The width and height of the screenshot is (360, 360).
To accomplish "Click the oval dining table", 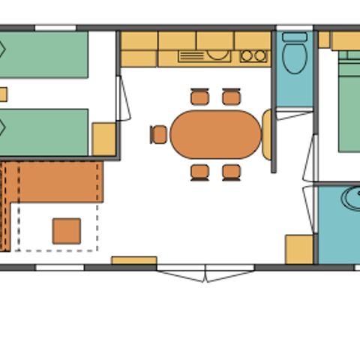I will (215, 134).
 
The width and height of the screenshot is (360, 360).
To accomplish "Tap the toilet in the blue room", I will (294, 56).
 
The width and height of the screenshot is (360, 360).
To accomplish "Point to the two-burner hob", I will (253, 55).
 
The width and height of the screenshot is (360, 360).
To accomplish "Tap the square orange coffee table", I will (66, 231).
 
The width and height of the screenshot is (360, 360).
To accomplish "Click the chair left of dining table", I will (158, 134).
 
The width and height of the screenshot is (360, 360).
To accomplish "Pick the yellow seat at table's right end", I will (267, 134).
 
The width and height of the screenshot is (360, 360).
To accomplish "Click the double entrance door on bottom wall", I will (205, 274).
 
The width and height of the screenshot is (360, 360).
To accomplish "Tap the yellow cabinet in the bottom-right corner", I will (298, 250).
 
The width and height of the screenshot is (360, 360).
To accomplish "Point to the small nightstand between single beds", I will (3, 94).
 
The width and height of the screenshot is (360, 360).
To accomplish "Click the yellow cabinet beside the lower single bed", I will (103, 139).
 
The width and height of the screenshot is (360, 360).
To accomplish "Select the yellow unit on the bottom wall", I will (134, 261).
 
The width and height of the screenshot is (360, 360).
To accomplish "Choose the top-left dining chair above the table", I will (199, 97).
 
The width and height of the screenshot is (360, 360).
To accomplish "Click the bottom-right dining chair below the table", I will (232, 172).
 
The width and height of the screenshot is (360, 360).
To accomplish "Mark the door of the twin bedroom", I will (123, 97).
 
